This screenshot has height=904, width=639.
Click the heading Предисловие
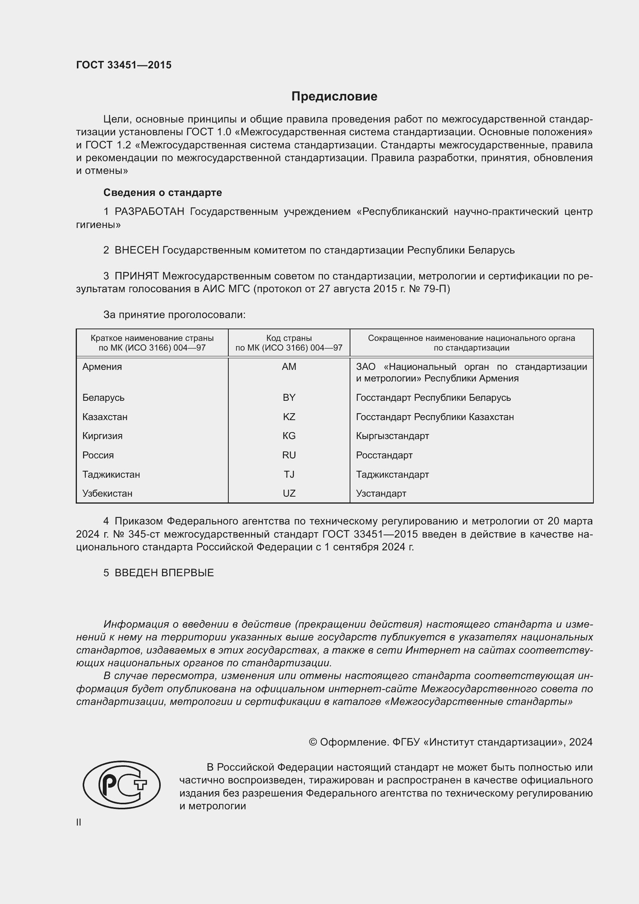334,97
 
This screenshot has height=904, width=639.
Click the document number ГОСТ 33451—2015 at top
124,65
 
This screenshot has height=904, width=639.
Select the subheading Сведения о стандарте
163,192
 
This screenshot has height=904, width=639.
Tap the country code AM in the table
289,366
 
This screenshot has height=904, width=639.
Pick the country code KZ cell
289,417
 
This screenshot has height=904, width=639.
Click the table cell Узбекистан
107,493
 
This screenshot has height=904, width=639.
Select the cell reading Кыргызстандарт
392,436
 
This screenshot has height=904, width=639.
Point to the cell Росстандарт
384,455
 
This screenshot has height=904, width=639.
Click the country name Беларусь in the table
104,398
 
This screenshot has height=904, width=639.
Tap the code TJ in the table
289,475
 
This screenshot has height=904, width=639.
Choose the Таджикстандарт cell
392,475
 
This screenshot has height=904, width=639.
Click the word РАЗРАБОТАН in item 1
150,212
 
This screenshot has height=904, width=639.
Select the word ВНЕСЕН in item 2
137,250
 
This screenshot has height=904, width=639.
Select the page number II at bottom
79,822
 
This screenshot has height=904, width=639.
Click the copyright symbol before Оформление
313,742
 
